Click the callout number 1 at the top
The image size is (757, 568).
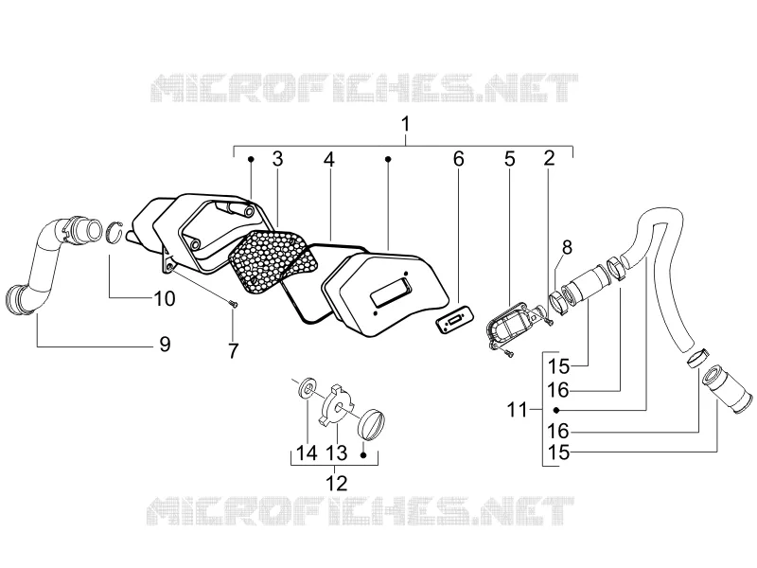coord(406,124)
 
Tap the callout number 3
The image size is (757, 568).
coord(277,159)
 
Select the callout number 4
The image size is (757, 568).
coord(328,159)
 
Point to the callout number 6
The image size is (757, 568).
coord(459,159)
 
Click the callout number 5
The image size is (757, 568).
coord(510,159)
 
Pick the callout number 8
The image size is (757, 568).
coord(567,247)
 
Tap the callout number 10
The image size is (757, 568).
coord(165,298)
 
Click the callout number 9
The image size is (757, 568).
coord(165,345)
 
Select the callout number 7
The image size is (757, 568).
coord(233,351)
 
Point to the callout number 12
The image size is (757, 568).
coord(337,483)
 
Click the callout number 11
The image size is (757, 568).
coord(517,410)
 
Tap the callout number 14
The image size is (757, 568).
coord(307,453)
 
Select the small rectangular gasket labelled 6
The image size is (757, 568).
coord(454,319)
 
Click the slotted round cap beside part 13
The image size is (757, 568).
coord(373,423)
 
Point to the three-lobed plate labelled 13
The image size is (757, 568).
coord(338,405)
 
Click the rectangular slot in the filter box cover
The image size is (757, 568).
coord(391,290)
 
